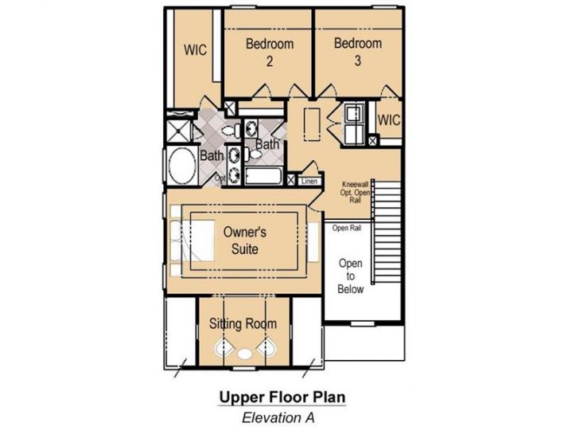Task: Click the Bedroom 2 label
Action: click(270, 53)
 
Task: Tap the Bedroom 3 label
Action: click(357, 52)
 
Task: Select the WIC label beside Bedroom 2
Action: click(195, 49)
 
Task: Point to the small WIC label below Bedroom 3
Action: click(389, 120)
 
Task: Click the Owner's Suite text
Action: click(245, 240)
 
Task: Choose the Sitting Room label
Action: click(243, 323)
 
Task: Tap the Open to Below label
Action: click(350, 276)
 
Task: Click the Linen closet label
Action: click(309, 181)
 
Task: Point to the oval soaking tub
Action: click(182, 166)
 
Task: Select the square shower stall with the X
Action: click(178, 131)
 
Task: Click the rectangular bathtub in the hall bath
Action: click(263, 177)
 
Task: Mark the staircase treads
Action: click(387, 231)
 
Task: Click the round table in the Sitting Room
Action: click(245, 354)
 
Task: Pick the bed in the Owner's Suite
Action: click(193, 241)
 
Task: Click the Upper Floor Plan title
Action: click(282, 397)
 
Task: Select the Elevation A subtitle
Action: click(278, 417)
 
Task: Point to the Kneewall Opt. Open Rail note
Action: click(356, 192)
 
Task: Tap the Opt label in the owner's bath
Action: click(220, 178)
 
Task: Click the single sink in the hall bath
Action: click(251, 127)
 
